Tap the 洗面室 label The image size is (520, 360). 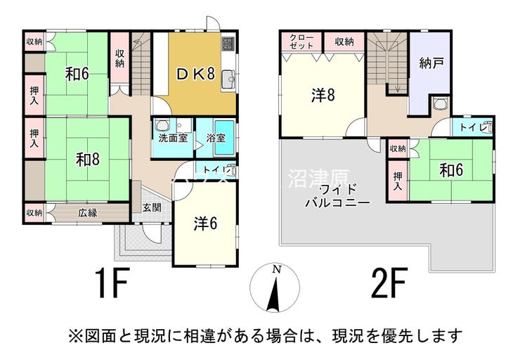tap(171, 138)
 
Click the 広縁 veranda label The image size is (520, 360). tap(87, 212)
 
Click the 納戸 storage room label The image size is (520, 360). tap(429, 63)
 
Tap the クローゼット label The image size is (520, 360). tap(301, 41)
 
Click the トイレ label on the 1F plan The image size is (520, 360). tap(213, 170)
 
